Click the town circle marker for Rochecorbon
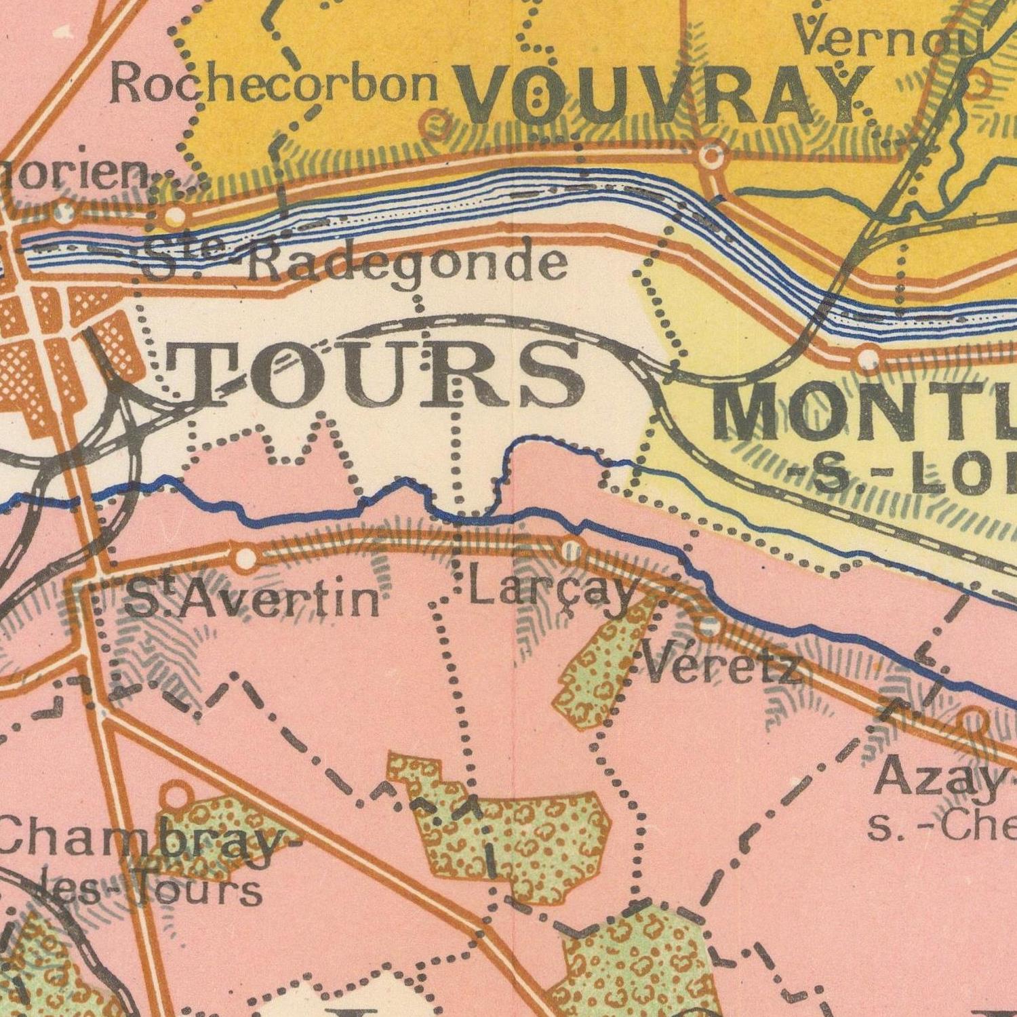[436, 125]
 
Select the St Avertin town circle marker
[245, 558]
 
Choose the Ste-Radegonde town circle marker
[176, 216]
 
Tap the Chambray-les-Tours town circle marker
[177, 793]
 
